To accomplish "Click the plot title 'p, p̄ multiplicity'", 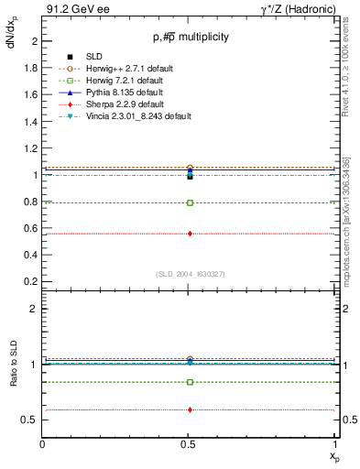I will (190, 38).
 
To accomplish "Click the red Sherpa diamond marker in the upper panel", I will (190, 234).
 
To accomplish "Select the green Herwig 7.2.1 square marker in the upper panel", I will (190, 202).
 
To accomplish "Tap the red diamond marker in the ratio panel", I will (190, 409).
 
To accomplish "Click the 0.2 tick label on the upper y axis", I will (31, 281).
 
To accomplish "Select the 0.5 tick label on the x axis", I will (190, 442).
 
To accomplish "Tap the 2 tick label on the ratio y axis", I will (35, 310).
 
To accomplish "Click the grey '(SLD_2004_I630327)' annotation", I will (190, 274).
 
